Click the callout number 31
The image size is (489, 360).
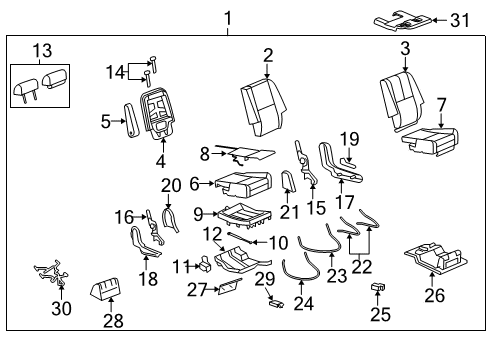coord(458,20)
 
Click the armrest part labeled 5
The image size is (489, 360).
coord(129,122)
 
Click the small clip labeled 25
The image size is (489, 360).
coord(378,288)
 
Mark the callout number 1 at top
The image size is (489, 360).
coord(227,17)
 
